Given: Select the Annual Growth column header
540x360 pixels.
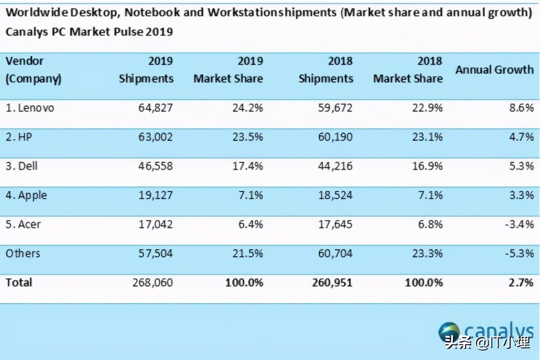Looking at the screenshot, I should (x=494, y=70).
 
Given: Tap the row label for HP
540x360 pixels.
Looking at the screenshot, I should (x=19, y=137).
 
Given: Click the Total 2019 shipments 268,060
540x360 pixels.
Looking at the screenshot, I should (x=153, y=283).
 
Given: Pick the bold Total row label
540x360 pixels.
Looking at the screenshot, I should (x=18, y=283).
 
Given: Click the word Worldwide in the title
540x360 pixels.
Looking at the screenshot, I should (x=36, y=13).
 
